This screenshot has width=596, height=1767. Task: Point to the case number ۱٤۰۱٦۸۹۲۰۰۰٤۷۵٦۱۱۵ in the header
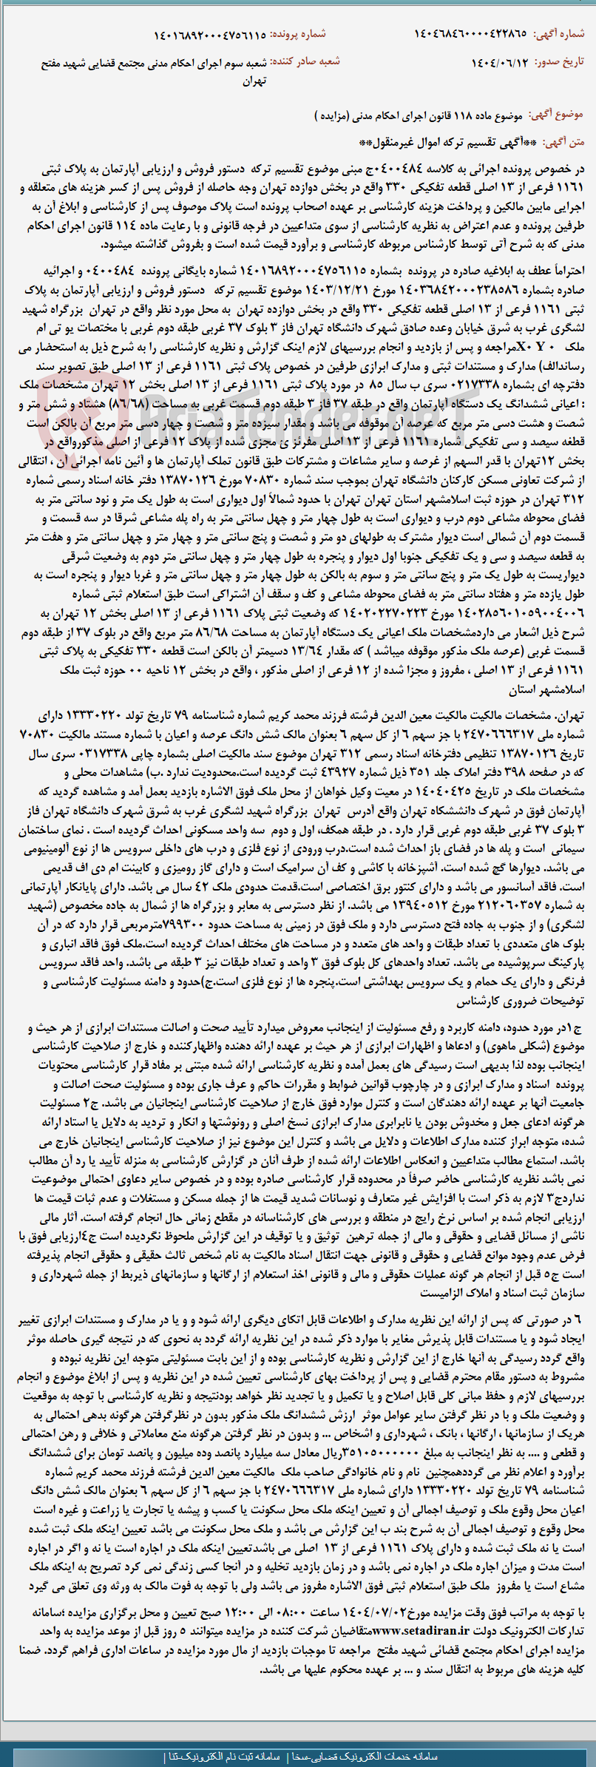[x=209, y=35]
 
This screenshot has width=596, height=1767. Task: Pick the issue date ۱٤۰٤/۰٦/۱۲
[x=500, y=62]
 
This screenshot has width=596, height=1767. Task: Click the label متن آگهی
[x=563, y=141]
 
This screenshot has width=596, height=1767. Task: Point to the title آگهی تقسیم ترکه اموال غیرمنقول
[x=441, y=141]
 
